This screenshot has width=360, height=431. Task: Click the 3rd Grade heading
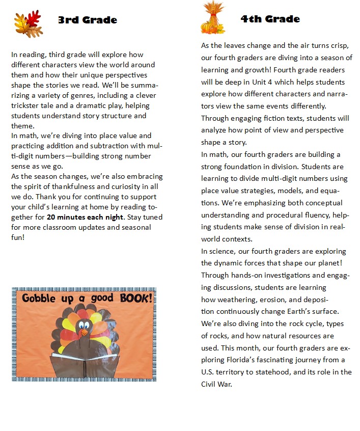pos(87,20)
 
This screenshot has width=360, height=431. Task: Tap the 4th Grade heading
pos(270,19)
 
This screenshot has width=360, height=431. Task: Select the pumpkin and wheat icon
pos(213,18)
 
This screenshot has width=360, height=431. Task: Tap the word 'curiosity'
pos(137,186)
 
